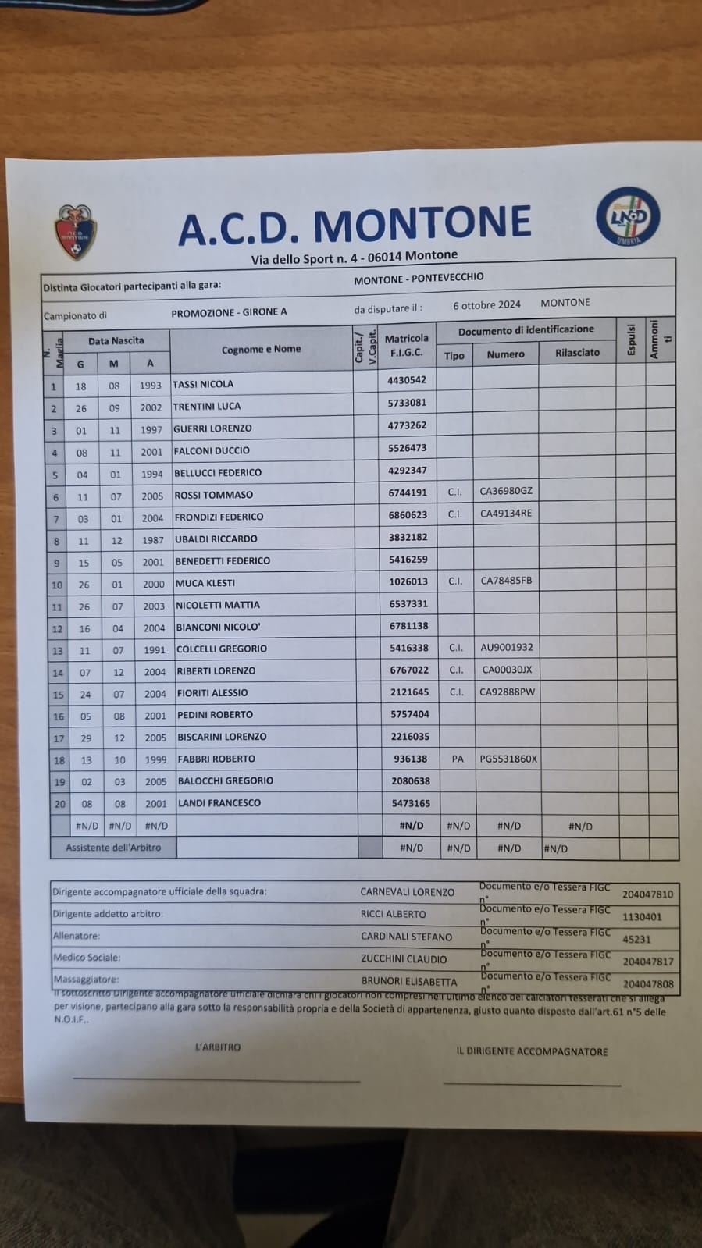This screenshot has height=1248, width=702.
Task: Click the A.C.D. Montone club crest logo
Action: (76, 232)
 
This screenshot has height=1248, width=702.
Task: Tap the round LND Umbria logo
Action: (628, 218)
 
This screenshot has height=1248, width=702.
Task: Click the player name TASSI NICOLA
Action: (203, 384)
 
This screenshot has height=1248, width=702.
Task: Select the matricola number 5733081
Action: (407, 403)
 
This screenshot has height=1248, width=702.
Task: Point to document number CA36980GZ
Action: (506, 491)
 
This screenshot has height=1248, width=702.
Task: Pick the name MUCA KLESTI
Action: (205, 583)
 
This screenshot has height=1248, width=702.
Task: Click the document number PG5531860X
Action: (508, 759)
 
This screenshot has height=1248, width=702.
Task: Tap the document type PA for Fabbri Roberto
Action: (458, 759)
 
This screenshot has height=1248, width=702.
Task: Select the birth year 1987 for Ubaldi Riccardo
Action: (153, 540)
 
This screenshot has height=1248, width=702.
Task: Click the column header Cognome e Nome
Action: (261, 349)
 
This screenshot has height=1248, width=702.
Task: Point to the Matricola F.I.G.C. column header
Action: (406, 345)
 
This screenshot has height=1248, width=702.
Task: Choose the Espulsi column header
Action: (631, 340)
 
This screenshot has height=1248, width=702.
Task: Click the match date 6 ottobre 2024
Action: (486, 305)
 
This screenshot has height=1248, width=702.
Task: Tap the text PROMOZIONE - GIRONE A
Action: (229, 312)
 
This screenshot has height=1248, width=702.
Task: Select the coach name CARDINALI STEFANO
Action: (406, 937)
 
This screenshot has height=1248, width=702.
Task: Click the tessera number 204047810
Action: (647, 894)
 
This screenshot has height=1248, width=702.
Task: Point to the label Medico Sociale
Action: (87, 958)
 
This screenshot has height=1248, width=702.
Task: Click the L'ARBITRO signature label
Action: (218, 1047)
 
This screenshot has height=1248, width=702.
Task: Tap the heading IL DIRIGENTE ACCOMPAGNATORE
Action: (532, 1052)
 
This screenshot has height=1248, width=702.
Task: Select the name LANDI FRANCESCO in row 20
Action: (219, 803)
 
